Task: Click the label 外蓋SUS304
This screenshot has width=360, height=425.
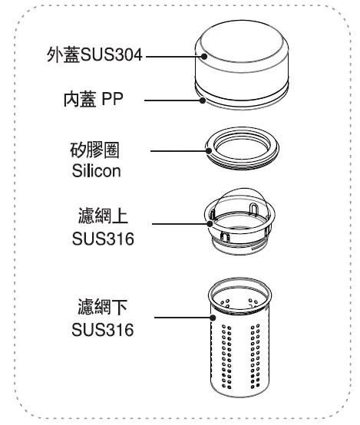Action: tap(94, 54)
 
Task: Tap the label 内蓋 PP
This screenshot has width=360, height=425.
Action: tap(94, 99)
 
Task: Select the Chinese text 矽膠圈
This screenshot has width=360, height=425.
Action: tap(94, 150)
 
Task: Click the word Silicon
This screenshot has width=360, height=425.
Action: tap(96, 171)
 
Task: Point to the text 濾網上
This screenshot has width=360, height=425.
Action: tap(103, 216)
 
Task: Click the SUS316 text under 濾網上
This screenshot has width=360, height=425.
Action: tap(103, 239)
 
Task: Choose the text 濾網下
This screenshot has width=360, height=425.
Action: tap(103, 307)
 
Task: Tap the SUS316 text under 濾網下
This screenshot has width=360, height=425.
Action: tap(103, 330)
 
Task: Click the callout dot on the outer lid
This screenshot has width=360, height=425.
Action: tap(204, 56)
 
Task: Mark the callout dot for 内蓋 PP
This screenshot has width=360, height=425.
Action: tap(203, 100)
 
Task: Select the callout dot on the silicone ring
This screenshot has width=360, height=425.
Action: tap(209, 151)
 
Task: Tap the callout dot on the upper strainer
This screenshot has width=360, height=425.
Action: tap(210, 224)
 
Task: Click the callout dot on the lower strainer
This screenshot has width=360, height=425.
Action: tap(213, 318)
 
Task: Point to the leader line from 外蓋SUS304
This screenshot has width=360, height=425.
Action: tap(173, 57)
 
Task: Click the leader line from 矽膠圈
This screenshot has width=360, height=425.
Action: tap(178, 151)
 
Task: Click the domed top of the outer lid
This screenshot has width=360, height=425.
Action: tap(242, 41)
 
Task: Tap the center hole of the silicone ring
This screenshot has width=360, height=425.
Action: tap(242, 149)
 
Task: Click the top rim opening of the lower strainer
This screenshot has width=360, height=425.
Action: tap(239, 282)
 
